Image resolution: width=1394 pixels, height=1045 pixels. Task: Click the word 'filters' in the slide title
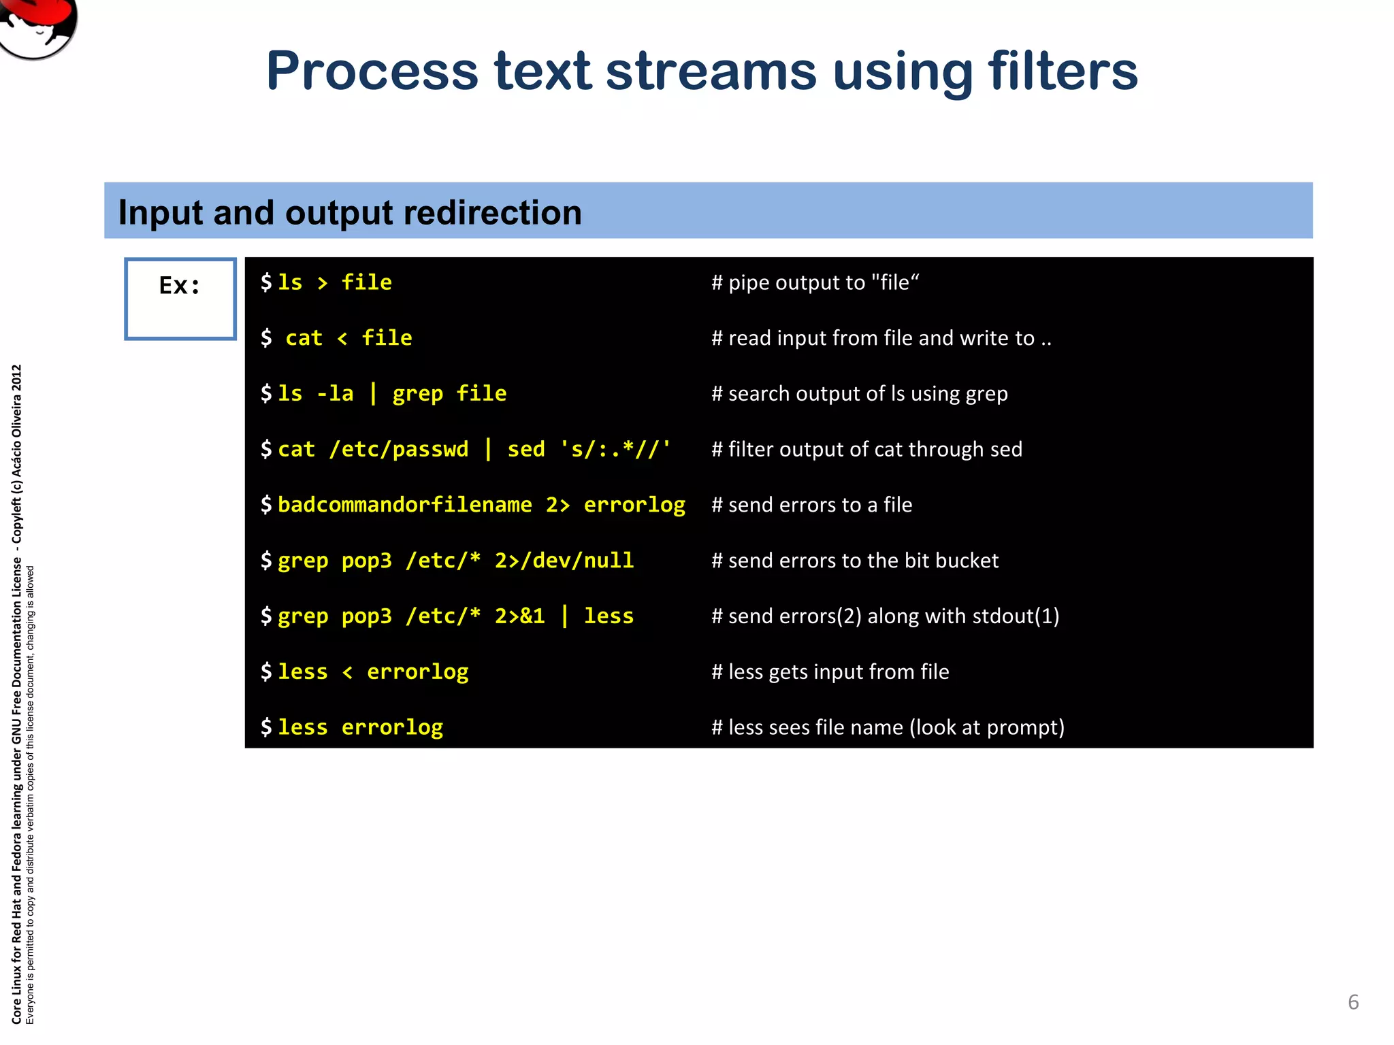pyautogui.click(x=1063, y=71)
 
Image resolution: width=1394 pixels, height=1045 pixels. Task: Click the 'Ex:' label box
pyautogui.click(x=180, y=299)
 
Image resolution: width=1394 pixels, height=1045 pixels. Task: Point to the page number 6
pyautogui.click(x=1353, y=1002)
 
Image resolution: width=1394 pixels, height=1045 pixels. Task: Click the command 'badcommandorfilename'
pyautogui.click(x=404, y=505)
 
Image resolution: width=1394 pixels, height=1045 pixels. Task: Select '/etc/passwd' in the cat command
pyautogui.click(x=399, y=449)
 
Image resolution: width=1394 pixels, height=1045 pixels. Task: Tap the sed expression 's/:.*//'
pyautogui.click(x=615, y=449)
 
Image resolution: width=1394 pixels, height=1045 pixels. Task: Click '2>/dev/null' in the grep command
pyautogui.click(x=564, y=561)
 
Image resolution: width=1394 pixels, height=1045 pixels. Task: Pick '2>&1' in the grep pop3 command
pyautogui.click(x=519, y=616)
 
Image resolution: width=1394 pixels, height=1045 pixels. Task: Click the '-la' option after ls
pyautogui.click(x=335, y=394)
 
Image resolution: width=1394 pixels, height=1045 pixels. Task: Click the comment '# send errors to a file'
pyautogui.click(x=811, y=505)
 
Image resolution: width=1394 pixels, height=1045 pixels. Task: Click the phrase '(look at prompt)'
pyautogui.click(x=987, y=727)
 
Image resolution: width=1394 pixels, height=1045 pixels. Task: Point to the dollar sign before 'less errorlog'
pyautogui.click(x=266, y=727)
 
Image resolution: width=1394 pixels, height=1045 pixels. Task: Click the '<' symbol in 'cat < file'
pyautogui.click(x=342, y=338)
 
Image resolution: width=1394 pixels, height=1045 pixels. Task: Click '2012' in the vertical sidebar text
pyautogui.click(x=17, y=378)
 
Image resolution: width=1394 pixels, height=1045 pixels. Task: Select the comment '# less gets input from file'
pyautogui.click(x=830, y=672)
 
